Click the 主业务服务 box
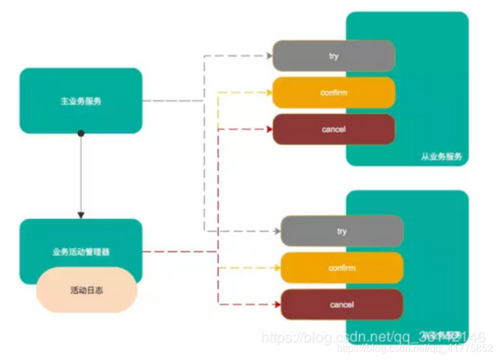[x=81, y=101]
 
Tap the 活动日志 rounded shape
[x=86, y=290]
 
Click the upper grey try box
[x=333, y=56]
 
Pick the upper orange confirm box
[x=333, y=93]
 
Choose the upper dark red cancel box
[x=333, y=129]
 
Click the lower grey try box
[x=341, y=231]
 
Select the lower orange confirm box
[x=341, y=268]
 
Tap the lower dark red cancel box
[x=341, y=304]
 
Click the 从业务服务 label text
[x=441, y=156]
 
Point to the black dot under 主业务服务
[x=81, y=133]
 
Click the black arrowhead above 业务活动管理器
[x=81, y=215]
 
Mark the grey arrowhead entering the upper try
[x=268, y=56]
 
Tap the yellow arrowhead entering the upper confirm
[x=268, y=93]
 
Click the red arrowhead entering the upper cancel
[x=268, y=129]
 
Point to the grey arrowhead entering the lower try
[x=277, y=231]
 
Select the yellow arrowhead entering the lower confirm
[x=277, y=268]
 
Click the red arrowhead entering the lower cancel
[x=277, y=304]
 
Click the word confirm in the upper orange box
[x=333, y=93]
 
